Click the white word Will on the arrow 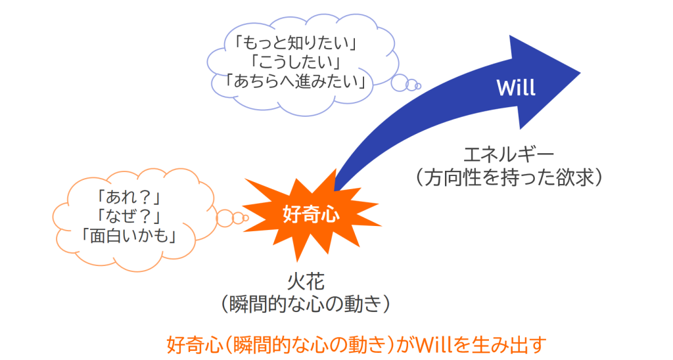(x=516, y=87)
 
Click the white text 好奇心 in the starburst (x=311, y=214)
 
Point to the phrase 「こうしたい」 (x=296, y=62)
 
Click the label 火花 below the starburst (x=306, y=282)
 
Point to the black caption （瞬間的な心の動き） (x=306, y=304)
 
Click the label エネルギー (x=509, y=154)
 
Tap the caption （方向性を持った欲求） (x=509, y=177)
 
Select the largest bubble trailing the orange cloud (x=225, y=218)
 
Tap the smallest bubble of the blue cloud (x=418, y=86)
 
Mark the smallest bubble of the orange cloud (x=246, y=218)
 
